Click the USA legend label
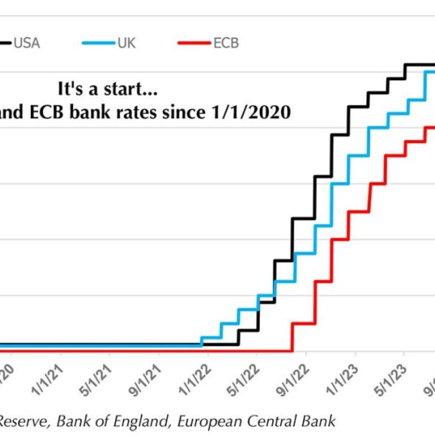(x=26, y=43)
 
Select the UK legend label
(x=127, y=43)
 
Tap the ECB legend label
(x=226, y=43)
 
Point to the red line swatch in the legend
(x=194, y=43)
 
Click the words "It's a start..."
(x=107, y=89)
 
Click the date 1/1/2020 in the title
(x=249, y=112)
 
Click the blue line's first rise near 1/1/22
(x=202, y=340)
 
